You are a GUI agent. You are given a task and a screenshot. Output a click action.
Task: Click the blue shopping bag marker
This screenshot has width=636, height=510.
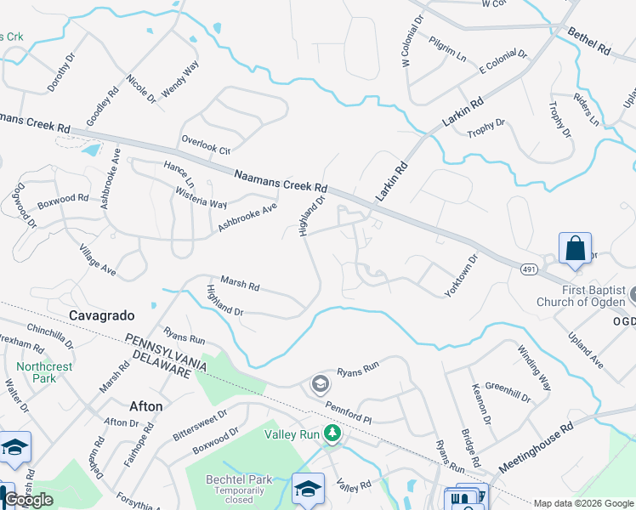coord(576,249)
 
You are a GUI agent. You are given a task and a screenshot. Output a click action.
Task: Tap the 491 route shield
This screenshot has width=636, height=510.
coord(528,268)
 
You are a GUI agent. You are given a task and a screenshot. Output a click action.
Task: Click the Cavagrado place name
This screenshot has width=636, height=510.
coord(101,315)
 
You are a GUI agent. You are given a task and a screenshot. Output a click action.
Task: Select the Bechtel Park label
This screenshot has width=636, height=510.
coord(239,479)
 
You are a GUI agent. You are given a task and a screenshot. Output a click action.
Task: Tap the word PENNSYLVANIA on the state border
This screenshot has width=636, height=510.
coord(167,351)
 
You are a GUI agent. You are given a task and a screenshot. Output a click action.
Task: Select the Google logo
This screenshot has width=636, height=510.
coord(28,500)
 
